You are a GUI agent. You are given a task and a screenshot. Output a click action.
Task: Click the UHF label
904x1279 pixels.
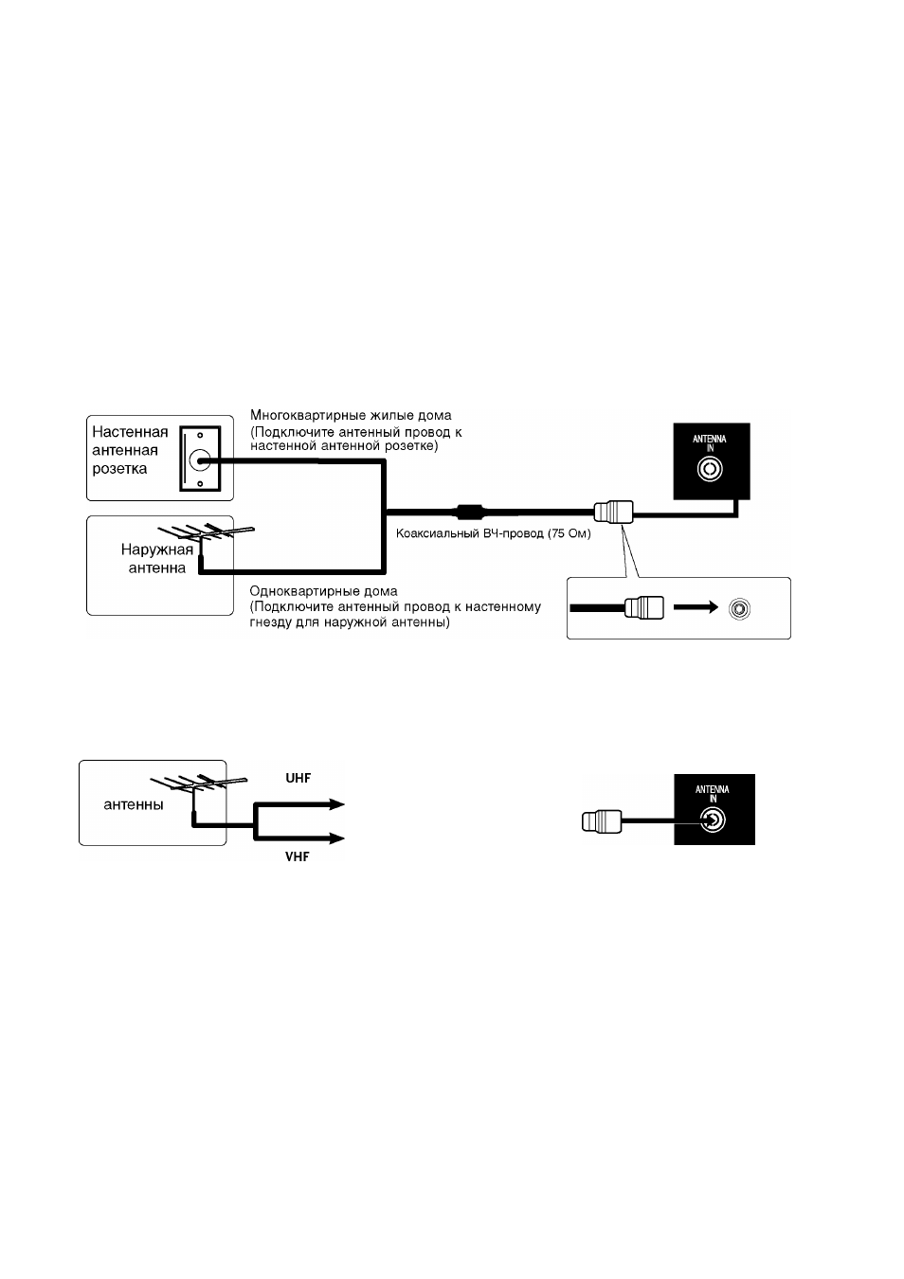(298, 778)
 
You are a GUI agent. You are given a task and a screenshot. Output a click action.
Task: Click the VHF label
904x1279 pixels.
(297, 856)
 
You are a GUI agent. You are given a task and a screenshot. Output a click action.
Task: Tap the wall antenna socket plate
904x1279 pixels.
(200, 459)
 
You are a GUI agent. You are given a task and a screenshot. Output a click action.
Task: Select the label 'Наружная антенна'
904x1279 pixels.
(157, 558)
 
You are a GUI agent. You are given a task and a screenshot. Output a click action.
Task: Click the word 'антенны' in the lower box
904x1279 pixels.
(134, 805)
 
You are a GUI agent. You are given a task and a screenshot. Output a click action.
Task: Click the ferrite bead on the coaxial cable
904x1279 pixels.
(469, 511)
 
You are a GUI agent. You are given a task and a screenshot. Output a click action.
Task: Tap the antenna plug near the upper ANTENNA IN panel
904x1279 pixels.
(613, 512)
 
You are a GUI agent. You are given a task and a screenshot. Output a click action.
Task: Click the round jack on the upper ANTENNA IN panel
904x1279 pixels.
(710, 469)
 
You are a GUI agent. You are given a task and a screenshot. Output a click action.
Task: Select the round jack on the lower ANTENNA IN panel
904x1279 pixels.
(713, 820)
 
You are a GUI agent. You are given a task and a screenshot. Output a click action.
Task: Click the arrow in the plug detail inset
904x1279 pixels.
(696, 607)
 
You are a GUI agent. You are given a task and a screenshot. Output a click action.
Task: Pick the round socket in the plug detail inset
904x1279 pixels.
(739, 608)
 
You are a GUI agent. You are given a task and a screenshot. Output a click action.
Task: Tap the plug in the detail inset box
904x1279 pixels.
(644, 608)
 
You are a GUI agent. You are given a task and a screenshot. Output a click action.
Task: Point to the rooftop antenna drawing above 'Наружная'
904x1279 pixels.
(206, 533)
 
